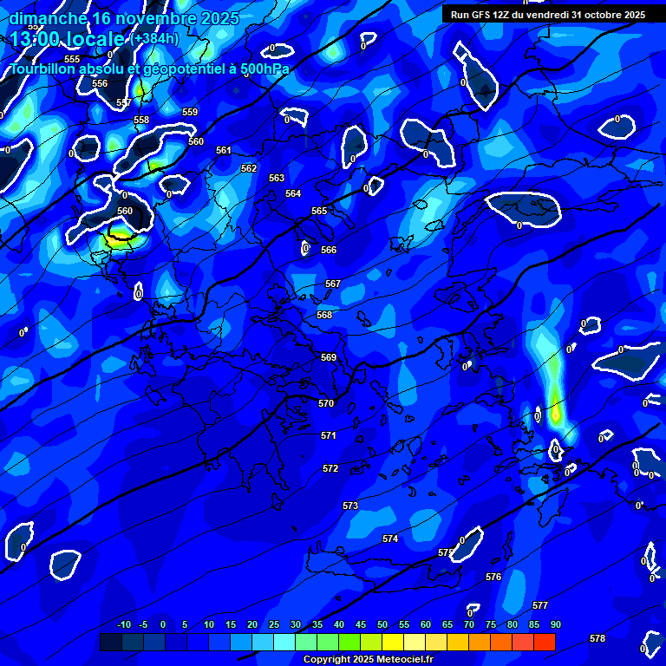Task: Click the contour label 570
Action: coord(326,403)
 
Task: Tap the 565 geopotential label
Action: coord(319,211)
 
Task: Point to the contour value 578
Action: coord(597,638)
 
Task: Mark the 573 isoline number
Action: coord(350,506)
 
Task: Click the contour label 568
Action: coord(324,315)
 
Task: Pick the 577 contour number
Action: coord(540,605)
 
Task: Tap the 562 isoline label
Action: coord(249,168)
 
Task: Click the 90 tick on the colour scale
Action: coord(555,625)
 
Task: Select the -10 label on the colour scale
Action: coord(124,625)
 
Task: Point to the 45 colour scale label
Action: coord(361,625)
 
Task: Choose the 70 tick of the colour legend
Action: coord(469,625)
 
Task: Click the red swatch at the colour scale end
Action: coord(545,642)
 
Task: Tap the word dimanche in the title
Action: coord(49,18)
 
